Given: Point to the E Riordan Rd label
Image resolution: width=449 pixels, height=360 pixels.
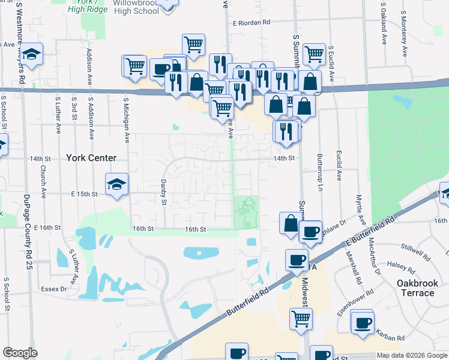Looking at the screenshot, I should click(x=252, y=23).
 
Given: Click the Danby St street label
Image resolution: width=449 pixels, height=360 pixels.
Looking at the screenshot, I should click(x=163, y=192).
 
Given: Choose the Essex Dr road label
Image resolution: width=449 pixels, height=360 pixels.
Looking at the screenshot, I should click(x=54, y=289).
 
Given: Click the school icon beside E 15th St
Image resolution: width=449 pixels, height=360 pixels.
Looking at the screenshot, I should click(x=117, y=184).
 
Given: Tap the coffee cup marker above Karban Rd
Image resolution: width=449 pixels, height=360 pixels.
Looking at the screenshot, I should click(x=363, y=323).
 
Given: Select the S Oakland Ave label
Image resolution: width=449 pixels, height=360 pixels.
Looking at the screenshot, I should click(x=383, y=28).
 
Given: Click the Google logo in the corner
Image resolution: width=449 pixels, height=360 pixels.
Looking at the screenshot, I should click(x=20, y=353).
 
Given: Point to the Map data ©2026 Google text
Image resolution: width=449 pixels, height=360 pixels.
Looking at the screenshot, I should click(x=412, y=355).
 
